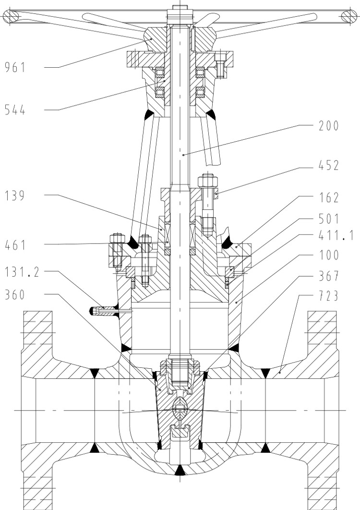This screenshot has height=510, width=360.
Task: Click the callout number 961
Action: click(x=15, y=67)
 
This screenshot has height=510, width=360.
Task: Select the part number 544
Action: click(x=15, y=110)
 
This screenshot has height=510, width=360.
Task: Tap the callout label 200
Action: click(x=329, y=126)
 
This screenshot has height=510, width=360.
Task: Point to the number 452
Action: click(x=329, y=166)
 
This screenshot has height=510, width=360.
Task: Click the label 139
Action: click(x=15, y=196)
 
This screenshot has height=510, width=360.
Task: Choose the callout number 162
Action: click(x=329, y=198)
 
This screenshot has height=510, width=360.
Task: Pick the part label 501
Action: click(x=329, y=219)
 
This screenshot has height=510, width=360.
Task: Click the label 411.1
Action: click(x=336, y=235)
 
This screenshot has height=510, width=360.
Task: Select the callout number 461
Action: click(x=15, y=245)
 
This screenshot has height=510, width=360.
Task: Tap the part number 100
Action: click(x=329, y=255)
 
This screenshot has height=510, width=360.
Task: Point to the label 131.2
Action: click(x=22, y=272)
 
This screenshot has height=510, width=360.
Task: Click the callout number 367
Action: click(x=329, y=276)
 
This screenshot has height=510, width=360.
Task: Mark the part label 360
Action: click(x=15, y=295)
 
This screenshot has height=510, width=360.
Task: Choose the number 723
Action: click(x=329, y=296)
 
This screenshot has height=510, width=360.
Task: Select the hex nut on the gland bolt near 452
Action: click(x=207, y=181)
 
